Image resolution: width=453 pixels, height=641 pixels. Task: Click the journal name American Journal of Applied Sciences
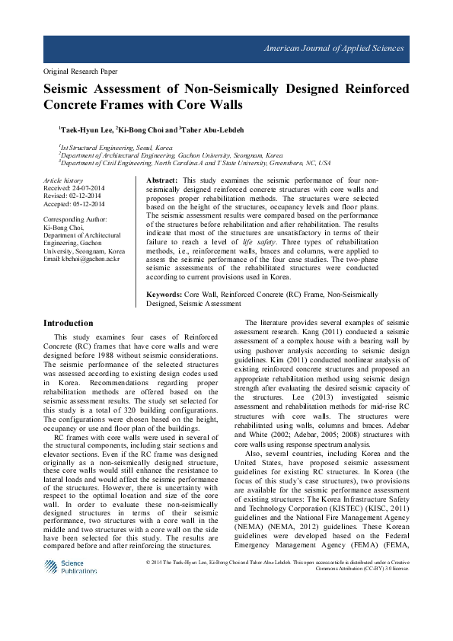click(333, 49)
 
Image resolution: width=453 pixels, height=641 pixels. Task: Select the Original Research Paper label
click(80, 72)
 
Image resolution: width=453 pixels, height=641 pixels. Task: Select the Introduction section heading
click(69, 323)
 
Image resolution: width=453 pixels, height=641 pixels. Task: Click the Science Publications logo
click(71, 566)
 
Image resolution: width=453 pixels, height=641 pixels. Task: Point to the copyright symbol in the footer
click(148, 562)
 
